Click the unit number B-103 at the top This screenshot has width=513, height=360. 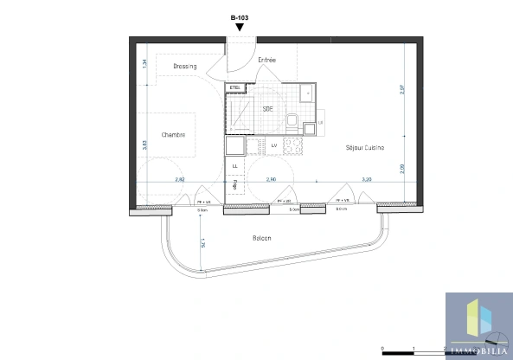[240, 16]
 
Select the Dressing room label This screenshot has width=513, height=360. [184, 67]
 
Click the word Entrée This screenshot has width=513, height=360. [267, 60]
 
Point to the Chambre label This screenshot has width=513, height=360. [174, 135]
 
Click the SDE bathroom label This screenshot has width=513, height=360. [268, 109]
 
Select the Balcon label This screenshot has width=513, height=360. [261, 238]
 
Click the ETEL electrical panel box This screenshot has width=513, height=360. [234, 87]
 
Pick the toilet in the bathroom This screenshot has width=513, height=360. [292, 122]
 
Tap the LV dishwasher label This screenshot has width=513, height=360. [273, 145]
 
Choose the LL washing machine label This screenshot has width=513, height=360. [234, 164]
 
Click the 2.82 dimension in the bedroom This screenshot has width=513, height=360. [180, 179]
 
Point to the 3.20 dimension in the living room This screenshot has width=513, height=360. [366, 179]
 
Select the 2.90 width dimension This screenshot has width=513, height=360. [271, 179]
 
